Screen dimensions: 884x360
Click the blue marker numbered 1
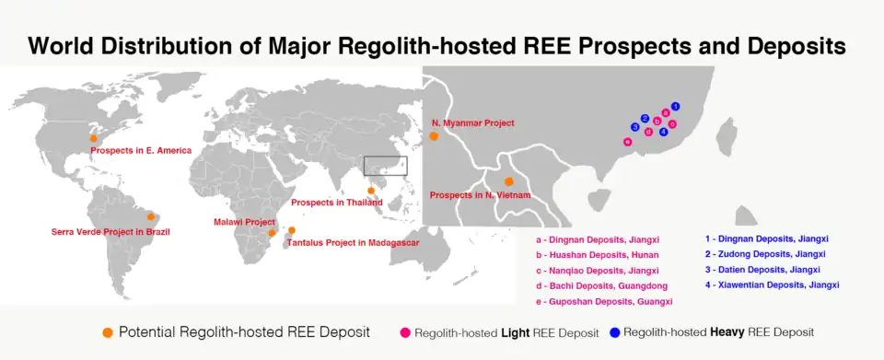pos(675,106)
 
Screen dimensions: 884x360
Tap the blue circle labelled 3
pos(634,127)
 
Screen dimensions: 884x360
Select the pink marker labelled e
pos(627,142)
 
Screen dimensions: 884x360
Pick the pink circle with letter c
pos(672,124)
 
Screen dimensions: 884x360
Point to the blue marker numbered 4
pos(664,132)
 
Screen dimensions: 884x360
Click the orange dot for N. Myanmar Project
pos(434,135)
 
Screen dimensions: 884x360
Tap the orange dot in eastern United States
pos(94,138)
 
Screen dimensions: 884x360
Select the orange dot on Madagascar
pos(292,230)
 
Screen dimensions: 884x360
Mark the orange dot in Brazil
pos(150,217)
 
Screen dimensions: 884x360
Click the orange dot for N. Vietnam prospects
pos(509,181)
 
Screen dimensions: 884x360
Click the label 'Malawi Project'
pos(244,223)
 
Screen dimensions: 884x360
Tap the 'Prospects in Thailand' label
pos(337,203)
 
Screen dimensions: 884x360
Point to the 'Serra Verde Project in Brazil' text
pos(110,231)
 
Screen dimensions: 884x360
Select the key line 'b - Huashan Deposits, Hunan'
pos(597,255)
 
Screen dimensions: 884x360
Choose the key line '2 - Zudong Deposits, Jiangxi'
pos(765,254)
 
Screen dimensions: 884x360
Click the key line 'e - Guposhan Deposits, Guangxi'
pos(604,301)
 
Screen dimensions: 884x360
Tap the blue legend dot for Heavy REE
pos(614,332)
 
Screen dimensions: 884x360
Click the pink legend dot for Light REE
pos(405,332)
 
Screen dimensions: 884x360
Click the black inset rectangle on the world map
pos(386,157)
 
